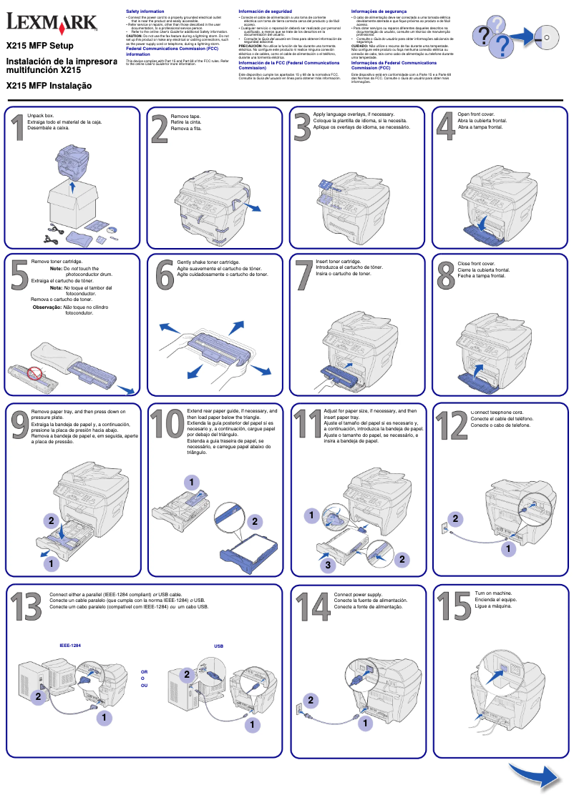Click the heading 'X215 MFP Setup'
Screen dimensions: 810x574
[36, 46]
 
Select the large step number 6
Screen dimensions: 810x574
[165, 275]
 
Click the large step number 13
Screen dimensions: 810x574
[26, 608]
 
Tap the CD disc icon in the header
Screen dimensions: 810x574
[547, 34]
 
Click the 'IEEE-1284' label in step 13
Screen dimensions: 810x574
[70, 646]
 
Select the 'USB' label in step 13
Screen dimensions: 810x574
[219, 646]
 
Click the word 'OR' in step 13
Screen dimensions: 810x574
[144, 672]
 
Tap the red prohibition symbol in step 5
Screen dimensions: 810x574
[34, 373]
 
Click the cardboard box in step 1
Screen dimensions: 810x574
[72, 201]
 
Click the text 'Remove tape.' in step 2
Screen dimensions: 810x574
[185, 116]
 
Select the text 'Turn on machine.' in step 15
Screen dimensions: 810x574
[494, 593]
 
